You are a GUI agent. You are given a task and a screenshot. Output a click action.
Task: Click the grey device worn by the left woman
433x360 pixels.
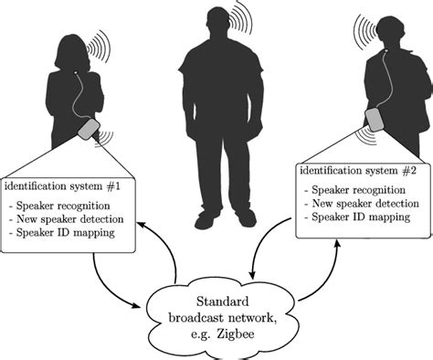[x=90, y=130]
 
